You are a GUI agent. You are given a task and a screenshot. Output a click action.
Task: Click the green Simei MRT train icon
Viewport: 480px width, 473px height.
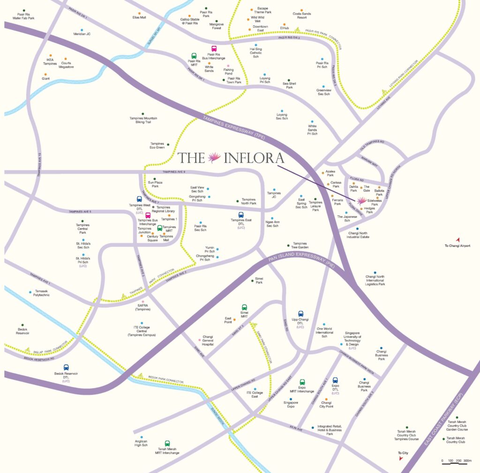[244, 307]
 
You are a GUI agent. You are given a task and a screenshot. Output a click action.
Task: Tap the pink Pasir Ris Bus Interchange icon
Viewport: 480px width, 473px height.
[214, 48]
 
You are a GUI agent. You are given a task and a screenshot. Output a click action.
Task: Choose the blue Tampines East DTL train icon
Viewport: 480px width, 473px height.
[241, 215]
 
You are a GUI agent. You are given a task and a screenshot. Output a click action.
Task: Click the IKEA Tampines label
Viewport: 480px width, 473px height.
[50, 61]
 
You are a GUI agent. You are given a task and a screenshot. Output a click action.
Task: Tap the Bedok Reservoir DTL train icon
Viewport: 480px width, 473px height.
[66, 367]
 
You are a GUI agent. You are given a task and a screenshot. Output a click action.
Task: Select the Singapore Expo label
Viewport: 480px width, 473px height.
[291, 404]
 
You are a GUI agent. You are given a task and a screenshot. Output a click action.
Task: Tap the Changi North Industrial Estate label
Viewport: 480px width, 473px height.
[359, 235]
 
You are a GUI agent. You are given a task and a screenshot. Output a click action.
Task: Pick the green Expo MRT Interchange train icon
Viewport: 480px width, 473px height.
[302, 382]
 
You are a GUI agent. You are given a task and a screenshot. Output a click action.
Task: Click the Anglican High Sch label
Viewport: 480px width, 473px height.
[141, 443]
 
